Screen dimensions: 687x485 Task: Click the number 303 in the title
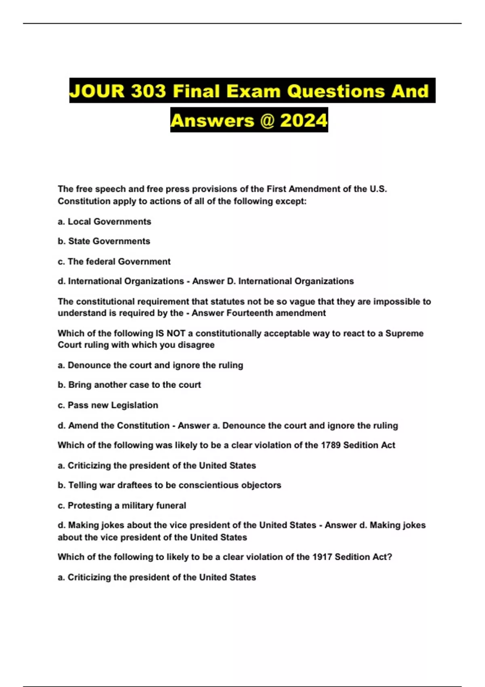[x=148, y=91]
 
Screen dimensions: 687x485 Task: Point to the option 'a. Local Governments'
[x=104, y=221]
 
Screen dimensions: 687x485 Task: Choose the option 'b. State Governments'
[x=104, y=241]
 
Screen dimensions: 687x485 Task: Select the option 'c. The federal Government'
[x=114, y=261]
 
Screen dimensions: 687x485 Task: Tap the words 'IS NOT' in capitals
[x=170, y=333]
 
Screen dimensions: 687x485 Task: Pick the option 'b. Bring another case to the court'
[x=129, y=385]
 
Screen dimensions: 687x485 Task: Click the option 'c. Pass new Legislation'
[x=108, y=405]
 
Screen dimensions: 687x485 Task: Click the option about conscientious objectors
[x=169, y=485]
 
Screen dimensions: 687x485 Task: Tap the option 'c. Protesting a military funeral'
[x=122, y=506]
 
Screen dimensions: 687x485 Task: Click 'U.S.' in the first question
[x=378, y=189]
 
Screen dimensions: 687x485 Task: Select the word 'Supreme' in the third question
[x=404, y=333]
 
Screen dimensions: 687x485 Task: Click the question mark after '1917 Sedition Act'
[x=390, y=557]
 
